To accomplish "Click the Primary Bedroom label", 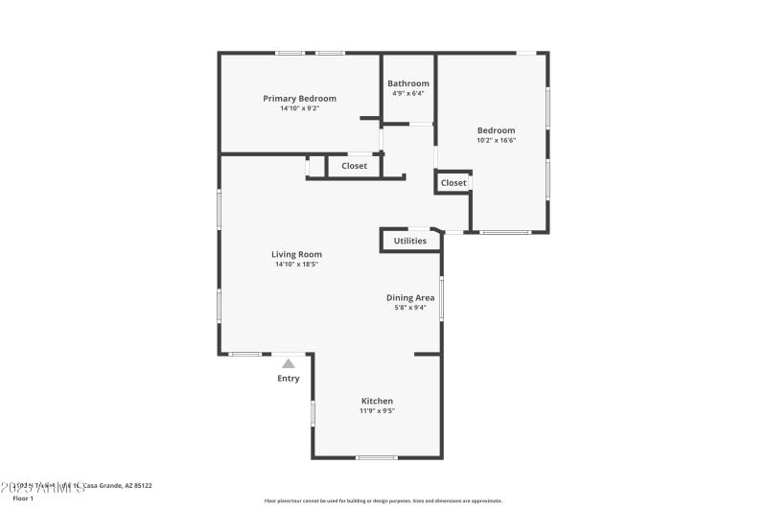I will (x=299, y=98).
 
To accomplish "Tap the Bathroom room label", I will (x=408, y=83).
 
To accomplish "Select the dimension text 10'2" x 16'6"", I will (x=496, y=140).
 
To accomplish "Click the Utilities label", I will (x=410, y=241).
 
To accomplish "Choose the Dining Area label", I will (x=410, y=297).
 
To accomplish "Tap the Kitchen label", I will (x=377, y=401).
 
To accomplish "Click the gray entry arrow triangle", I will (x=289, y=363).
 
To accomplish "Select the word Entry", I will (x=289, y=378).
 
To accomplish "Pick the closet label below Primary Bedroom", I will (x=355, y=166).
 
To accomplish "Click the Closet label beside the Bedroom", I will (x=453, y=182).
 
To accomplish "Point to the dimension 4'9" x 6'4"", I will (x=408, y=93).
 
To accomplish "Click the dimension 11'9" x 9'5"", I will (x=377, y=410).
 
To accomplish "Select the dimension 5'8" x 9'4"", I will (x=410, y=308).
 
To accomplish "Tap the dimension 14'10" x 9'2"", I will (x=299, y=108).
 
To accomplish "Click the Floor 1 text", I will (x=23, y=499).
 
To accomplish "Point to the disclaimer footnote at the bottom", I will (x=383, y=500).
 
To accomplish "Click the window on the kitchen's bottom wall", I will (x=377, y=457).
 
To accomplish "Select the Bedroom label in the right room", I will (x=496, y=130).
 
